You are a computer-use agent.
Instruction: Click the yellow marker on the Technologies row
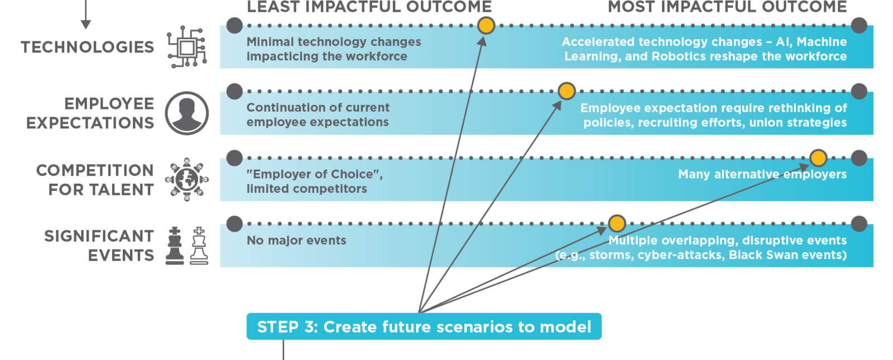coord(486,26)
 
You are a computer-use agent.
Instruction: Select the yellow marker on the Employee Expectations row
coord(566,91)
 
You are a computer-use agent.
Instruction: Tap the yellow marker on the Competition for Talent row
coord(818,158)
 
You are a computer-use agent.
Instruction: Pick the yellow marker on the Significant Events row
coord(617,223)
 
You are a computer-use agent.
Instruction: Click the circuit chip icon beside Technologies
coord(187,47)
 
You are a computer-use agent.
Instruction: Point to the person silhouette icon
coord(187,113)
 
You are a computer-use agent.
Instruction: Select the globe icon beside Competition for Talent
coord(187,180)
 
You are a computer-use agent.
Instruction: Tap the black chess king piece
coord(175,246)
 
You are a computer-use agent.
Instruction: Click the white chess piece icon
coord(199,246)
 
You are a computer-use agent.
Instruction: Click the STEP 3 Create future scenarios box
coord(424,327)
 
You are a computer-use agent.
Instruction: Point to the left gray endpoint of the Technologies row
coord(235,26)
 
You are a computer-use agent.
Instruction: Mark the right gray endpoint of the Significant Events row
coord(859,224)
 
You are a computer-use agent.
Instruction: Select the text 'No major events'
coord(296,241)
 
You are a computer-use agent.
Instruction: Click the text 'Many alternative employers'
coord(762,174)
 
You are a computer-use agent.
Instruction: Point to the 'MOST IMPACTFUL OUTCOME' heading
coord(727,7)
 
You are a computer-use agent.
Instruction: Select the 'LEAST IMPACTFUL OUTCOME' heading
coord(369,7)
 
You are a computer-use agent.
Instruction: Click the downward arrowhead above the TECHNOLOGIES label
coord(85,25)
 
